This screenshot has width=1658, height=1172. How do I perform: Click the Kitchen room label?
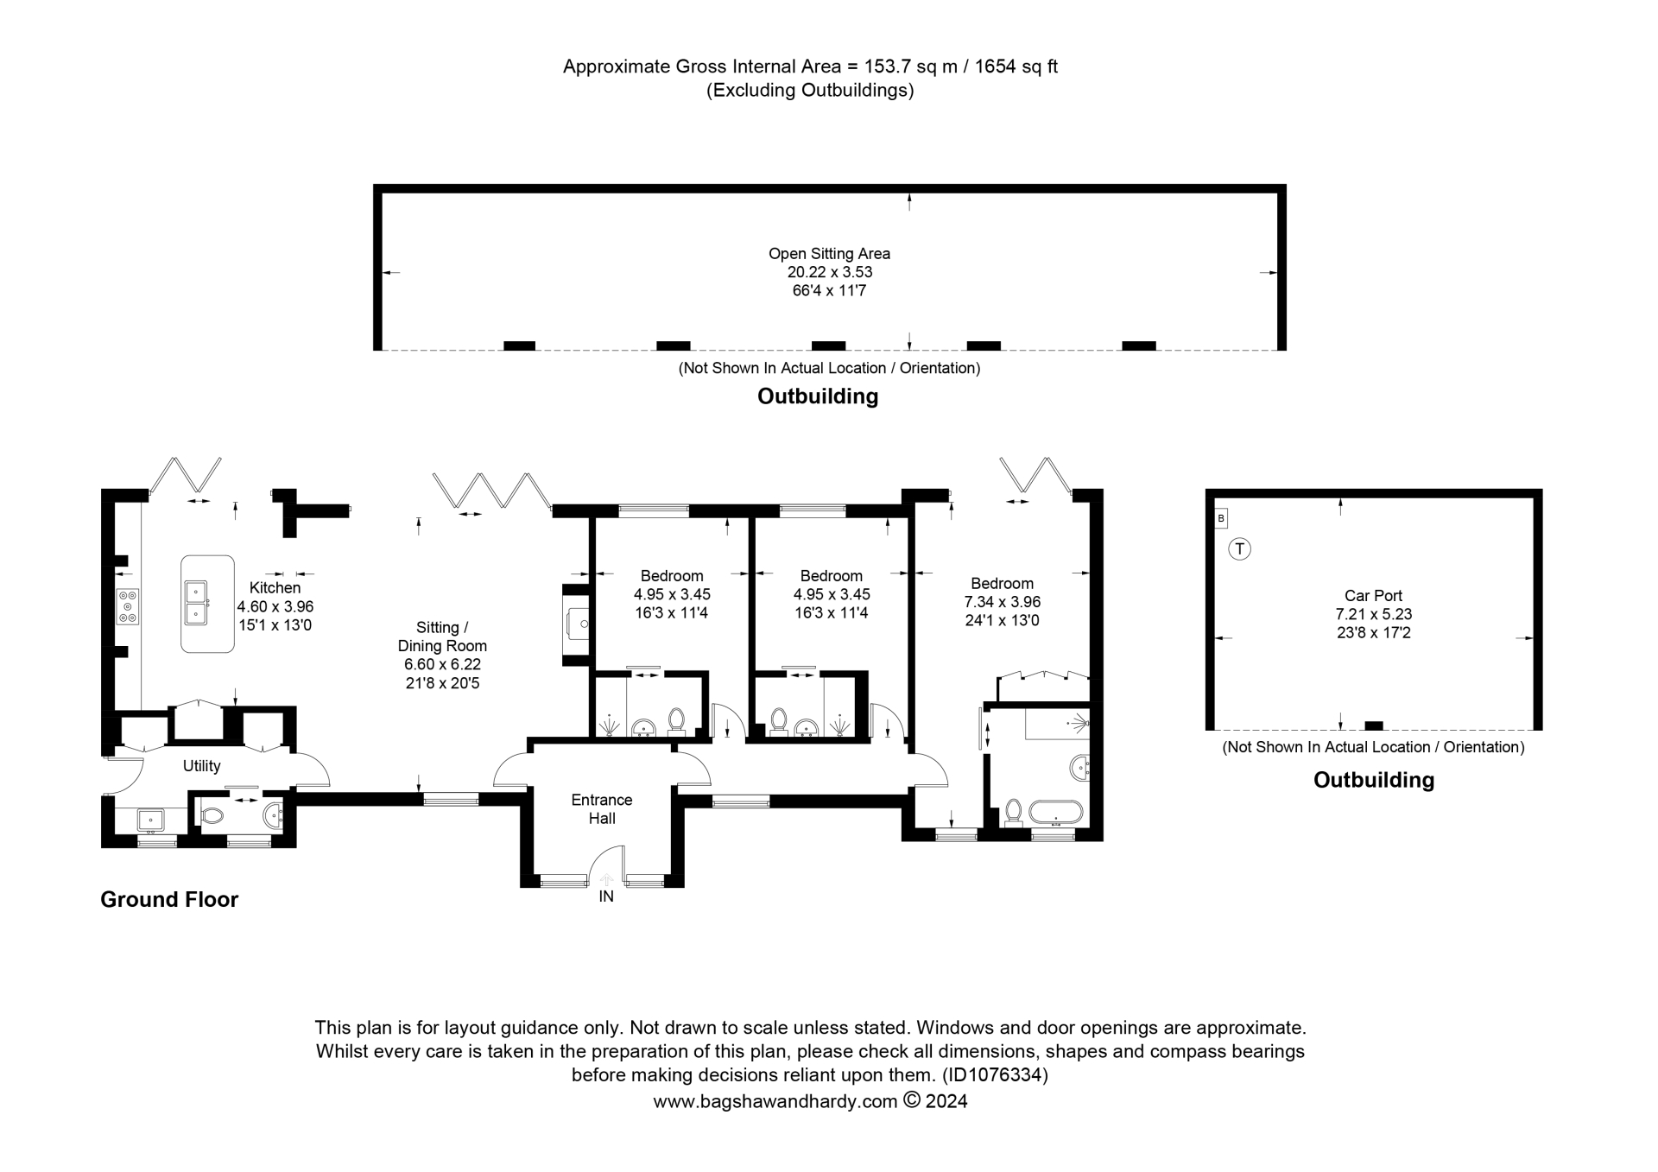pos(275,588)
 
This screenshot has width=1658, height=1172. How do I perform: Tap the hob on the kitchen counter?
pos(128,606)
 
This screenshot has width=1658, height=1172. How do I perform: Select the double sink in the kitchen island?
pos(196,603)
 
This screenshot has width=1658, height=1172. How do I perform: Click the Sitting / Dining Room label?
pos(442,637)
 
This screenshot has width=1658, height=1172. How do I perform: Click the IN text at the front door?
pos(606,896)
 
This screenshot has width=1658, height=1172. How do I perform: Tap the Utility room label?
pos(201,766)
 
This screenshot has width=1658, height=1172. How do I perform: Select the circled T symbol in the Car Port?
pos(1239,548)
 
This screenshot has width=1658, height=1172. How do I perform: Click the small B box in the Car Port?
pos(1220,518)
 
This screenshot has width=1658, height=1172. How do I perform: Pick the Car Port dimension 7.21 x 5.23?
pos(1373,614)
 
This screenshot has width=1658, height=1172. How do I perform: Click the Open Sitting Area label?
pos(829,254)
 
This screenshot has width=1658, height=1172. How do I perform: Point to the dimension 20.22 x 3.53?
pos(829,272)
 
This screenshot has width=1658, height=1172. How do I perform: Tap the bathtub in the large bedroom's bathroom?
pos(1054,812)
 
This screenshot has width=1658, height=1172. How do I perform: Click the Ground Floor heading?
pos(169,899)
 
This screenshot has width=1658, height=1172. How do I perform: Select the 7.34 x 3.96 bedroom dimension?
pos(1002,602)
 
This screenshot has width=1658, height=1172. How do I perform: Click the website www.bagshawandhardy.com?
pos(775,1101)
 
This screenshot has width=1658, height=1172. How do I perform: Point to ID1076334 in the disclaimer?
pos(994,1075)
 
